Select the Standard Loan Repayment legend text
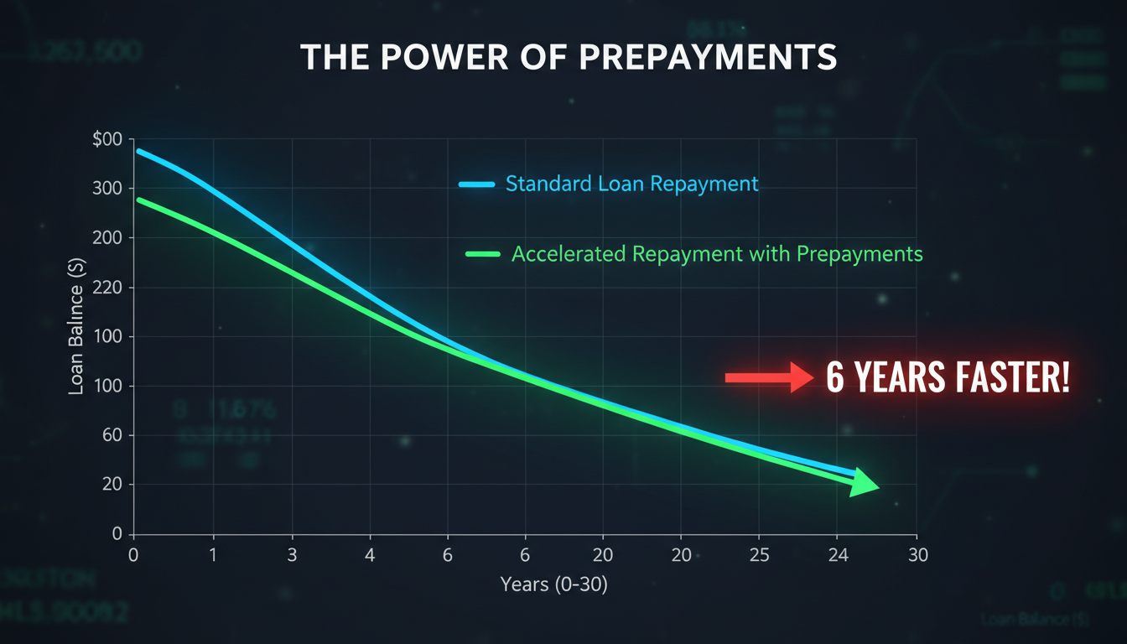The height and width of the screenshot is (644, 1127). pyautogui.click(x=631, y=184)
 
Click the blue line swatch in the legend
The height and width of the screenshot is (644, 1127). pyautogui.click(x=479, y=184)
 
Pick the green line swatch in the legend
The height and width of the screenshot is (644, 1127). pyautogui.click(x=482, y=254)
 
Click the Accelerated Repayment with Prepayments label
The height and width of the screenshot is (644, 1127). pyautogui.click(x=716, y=254)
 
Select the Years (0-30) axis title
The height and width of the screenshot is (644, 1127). pyautogui.click(x=553, y=584)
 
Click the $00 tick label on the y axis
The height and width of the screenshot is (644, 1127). pyautogui.click(x=106, y=139)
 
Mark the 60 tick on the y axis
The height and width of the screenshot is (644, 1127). pyautogui.click(x=112, y=436)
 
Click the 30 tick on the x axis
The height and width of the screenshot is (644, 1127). pyautogui.click(x=917, y=555)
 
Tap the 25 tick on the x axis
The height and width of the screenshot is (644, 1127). pyautogui.click(x=758, y=555)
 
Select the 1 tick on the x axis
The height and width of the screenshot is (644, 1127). pyautogui.click(x=213, y=555)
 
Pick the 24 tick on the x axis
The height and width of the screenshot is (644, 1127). pyautogui.click(x=836, y=555)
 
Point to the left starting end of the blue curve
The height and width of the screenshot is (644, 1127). pyautogui.click(x=138, y=152)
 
